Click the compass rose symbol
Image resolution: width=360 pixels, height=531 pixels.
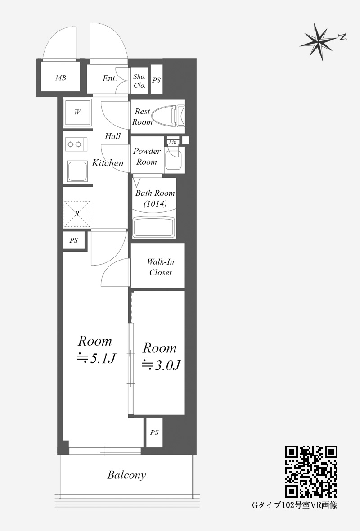click(x=319, y=42)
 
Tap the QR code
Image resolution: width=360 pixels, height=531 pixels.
click(x=311, y=472)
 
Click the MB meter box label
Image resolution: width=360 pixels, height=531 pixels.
click(x=61, y=78)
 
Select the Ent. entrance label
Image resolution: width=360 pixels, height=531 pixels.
click(x=110, y=79)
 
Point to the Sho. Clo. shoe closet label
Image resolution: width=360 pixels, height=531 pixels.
click(x=139, y=81)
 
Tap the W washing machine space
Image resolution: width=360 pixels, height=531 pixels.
click(x=77, y=112)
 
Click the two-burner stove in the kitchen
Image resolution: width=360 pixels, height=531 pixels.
click(x=75, y=144)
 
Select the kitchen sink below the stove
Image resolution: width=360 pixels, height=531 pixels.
click(x=77, y=171)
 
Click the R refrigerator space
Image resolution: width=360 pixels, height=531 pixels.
click(x=77, y=214)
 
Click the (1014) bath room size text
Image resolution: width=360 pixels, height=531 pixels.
click(x=155, y=204)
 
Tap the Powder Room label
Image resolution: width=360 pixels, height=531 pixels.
click(x=147, y=157)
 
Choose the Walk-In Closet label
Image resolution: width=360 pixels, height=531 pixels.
click(x=160, y=267)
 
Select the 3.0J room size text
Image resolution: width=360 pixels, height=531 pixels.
click(x=161, y=364)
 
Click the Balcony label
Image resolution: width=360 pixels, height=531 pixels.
click(x=126, y=475)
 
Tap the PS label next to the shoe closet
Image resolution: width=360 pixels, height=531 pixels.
click(x=156, y=80)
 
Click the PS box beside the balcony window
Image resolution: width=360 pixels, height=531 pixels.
click(x=154, y=432)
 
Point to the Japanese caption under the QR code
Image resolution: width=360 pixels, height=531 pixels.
click(x=294, y=505)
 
